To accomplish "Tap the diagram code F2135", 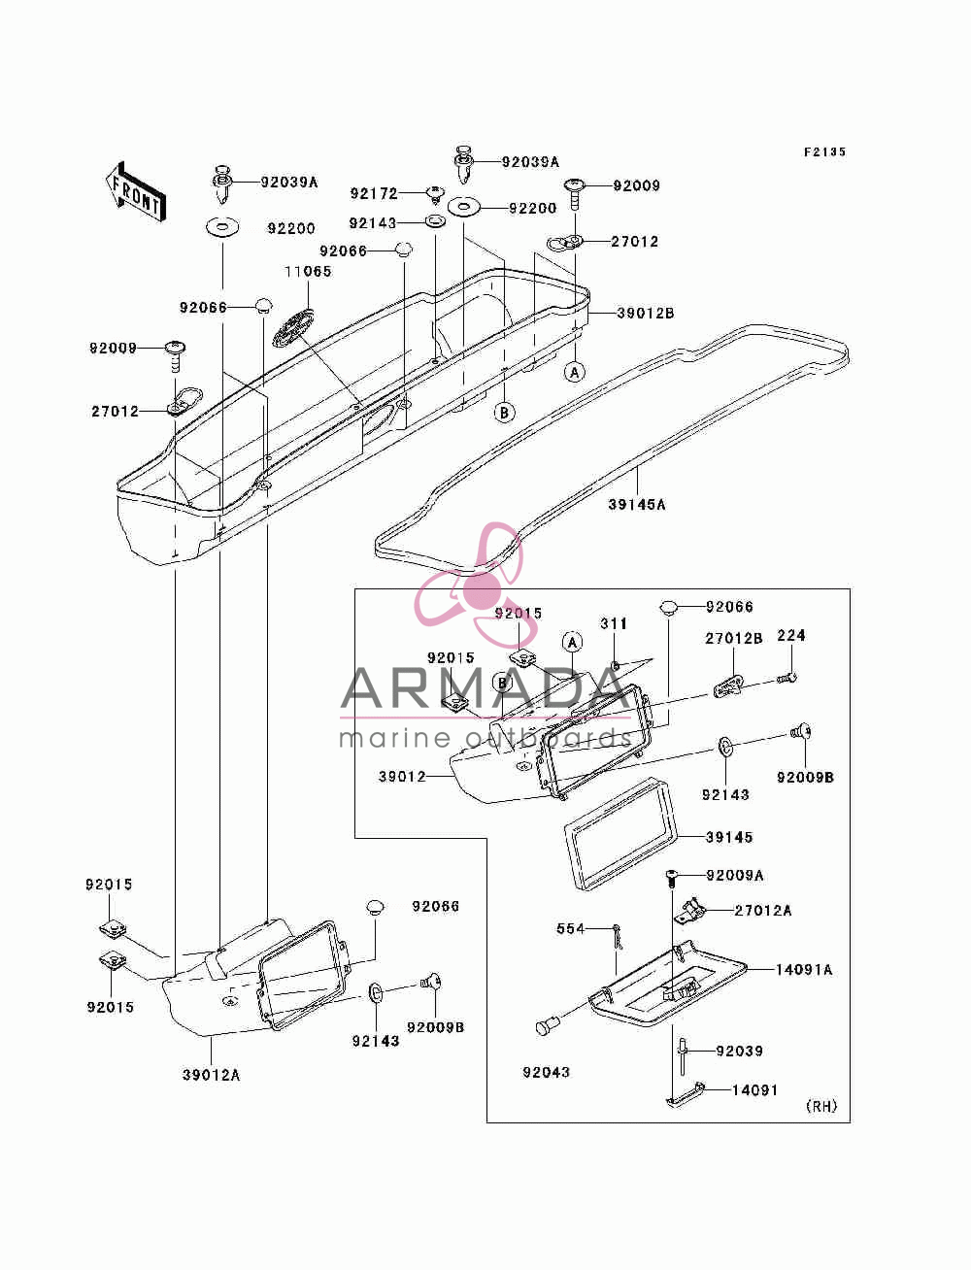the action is point(824,151).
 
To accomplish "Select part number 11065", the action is point(308,271).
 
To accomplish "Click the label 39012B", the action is point(645,313).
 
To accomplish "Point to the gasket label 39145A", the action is point(637,505).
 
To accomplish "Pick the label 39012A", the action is point(211,1075).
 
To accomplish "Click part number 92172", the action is point(374,194).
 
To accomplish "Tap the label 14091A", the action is point(804,970).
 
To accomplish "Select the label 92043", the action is point(546,1072).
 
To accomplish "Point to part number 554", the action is point(571,928).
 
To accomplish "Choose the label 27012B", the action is point(733,638).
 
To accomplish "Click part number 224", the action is point(791,635).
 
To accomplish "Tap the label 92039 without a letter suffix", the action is point(740,1051).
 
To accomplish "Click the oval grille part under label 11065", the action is point(294,326).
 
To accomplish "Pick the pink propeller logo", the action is point(469,585).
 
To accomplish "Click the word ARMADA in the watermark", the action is point(485,687).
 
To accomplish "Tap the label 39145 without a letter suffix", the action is point(729,837).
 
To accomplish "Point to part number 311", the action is point(614,623).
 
